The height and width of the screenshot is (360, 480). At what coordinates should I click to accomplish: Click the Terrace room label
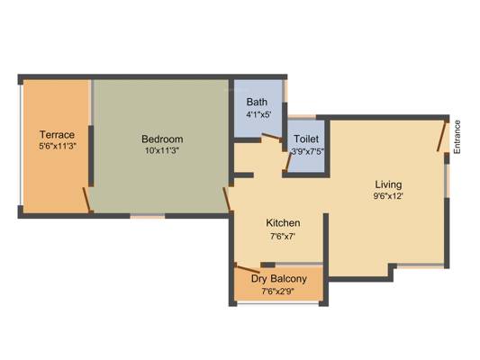tap(58, 135)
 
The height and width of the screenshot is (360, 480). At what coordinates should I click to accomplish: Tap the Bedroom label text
tap(162, 139)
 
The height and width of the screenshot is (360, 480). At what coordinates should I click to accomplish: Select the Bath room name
tap(257, 102)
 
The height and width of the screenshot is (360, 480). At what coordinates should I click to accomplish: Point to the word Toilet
tap(306, 139)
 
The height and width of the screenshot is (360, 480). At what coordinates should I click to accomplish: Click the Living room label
tap(388, 184)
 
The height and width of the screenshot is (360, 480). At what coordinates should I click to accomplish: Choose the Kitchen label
tap(283, 222)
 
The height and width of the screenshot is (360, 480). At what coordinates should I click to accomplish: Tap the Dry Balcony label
tap(279, 279)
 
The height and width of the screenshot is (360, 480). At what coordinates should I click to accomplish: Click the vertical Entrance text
tap(457, 137)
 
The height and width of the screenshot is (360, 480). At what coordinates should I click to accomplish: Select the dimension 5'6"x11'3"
tap(58, 146)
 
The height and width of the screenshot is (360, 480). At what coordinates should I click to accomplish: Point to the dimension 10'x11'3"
tap(162, 150)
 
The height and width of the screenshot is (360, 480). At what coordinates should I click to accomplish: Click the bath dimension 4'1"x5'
tap(259, 114)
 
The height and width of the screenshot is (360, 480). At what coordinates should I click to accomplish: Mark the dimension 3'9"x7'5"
tap(307, 151)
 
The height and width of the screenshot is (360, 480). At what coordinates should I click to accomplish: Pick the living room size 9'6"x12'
tap(388, 196)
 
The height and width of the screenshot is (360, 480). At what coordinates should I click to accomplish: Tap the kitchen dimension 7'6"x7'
tap(283, 236)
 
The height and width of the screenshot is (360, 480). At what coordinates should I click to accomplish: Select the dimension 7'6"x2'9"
tap(278, 292)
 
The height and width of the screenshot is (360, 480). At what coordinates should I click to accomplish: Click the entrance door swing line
tap(442, 137)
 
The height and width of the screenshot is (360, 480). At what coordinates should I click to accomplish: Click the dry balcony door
tap(249, 269)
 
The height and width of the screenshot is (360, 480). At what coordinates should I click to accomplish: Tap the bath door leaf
tap(272, 137)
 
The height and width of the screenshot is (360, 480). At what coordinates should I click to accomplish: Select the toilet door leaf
tap(288, 162)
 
